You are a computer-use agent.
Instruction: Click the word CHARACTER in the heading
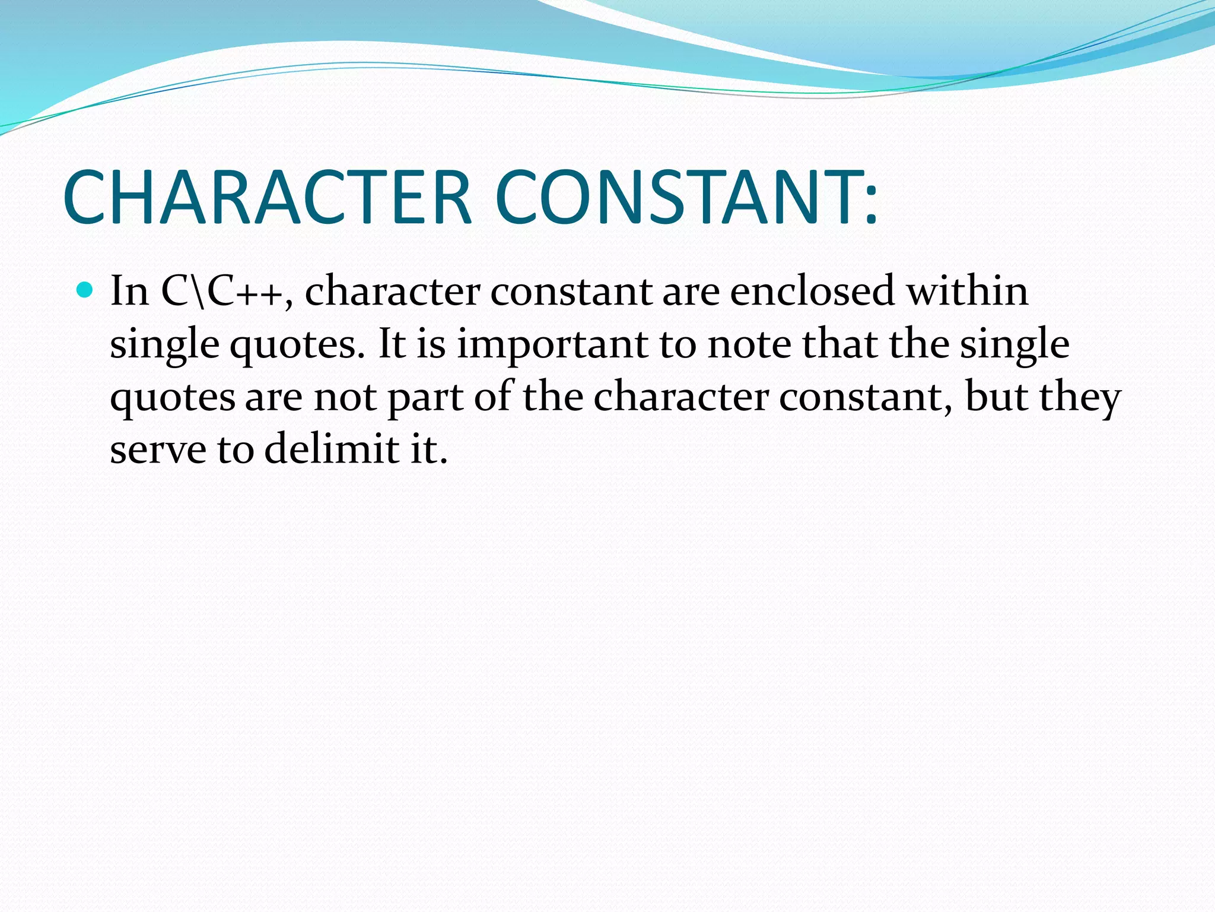tap(267, 198)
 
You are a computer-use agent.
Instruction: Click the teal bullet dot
tap(85, 290)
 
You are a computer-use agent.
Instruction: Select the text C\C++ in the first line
tap(222, 292)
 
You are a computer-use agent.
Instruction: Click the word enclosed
tap(812, 292)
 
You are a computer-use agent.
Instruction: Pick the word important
tap(552, 344)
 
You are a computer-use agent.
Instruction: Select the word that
tap(839, 344)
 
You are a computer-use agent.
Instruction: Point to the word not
tap(345, 397)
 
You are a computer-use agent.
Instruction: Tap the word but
tap(996, 397)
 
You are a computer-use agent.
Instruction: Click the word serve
tap(158, 449)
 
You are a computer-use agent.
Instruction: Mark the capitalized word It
tap(392, 344)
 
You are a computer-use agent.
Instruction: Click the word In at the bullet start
tap(129, 292)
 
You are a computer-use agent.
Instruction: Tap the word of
tap(492, 397)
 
